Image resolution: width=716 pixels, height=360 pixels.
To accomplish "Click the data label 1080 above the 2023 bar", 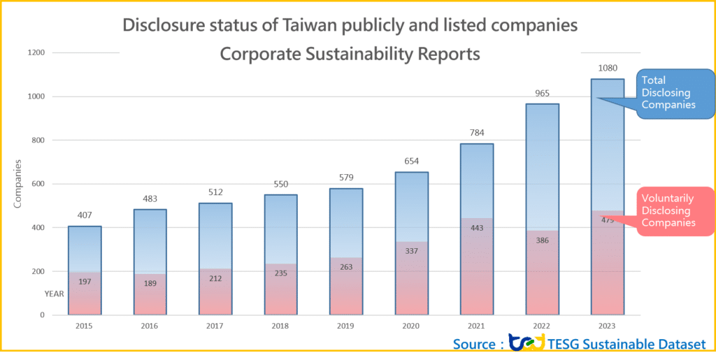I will (608, 67).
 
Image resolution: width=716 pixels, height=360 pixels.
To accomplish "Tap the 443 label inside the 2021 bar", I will (477, 229).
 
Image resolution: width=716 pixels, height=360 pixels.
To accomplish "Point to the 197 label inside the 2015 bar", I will (85, 282).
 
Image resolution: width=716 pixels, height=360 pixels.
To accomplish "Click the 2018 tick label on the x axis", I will (280, 326).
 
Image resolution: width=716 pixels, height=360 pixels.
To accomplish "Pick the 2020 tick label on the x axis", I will (411, 326).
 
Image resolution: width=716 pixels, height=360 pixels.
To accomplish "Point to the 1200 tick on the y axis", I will (36, 52).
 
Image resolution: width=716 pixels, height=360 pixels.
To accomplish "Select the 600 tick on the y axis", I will (38, 184).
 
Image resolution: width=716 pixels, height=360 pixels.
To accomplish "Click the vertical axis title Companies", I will (18, 184).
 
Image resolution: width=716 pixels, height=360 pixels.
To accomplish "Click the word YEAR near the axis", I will (55, 294).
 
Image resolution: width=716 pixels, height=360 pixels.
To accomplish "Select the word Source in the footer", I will (473, 345).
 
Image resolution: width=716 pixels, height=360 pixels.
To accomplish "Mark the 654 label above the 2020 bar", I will (411, 161).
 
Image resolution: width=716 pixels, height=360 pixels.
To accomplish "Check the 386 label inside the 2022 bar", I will (542, 240).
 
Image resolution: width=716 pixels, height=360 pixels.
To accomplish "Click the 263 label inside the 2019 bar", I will (346, 266).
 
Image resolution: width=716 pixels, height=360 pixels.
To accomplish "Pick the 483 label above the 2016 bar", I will (150, 199).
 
